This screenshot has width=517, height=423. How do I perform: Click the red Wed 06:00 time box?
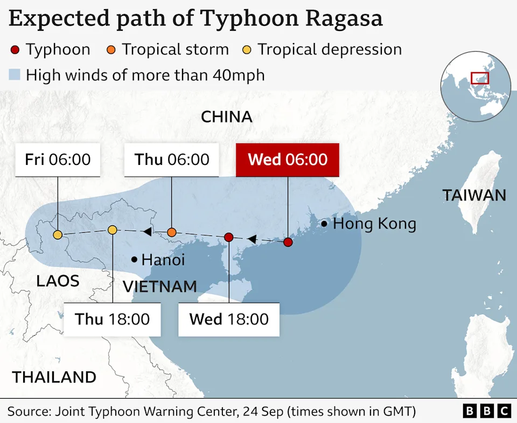click(288, 160)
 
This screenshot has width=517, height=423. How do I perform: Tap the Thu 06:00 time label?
click(172, 160)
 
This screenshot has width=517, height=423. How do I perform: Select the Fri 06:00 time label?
click(58, 160)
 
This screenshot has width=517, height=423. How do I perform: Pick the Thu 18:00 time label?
click(113, 319)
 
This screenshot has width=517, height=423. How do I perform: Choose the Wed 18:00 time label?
click(229, 319)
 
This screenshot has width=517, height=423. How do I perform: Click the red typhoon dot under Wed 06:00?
click(288, 242)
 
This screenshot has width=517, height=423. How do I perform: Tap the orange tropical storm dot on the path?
click(172, 232)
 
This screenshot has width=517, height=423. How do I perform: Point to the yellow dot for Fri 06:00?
click(58, 234)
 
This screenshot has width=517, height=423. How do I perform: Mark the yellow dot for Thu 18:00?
click(112, 230)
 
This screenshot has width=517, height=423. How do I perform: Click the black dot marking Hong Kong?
click(324, 224)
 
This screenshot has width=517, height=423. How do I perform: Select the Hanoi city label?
click(163, 260)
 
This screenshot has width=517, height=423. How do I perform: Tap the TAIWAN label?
click(474, 195)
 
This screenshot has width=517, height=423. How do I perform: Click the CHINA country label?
click(227, 116)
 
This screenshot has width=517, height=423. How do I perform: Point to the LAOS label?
click(58, 281)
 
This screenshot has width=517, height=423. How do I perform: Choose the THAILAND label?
click(54, 377)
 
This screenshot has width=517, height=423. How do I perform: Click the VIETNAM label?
click(160, 287)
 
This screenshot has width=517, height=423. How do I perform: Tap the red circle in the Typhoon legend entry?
click(15, 50)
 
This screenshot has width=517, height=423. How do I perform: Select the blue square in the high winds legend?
click(15, 74)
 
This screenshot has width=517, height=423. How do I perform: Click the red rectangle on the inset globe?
click(479, 78)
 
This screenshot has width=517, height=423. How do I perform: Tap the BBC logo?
click(487, 411)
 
